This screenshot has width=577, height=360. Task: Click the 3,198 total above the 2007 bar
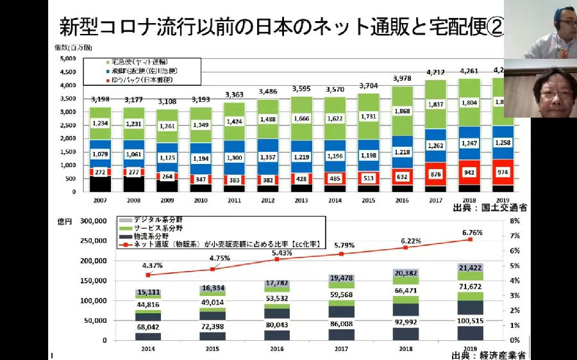[100, 99]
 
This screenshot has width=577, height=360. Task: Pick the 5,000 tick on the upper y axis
[68, 58]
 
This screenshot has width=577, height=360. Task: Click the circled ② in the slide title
[494, 27]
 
